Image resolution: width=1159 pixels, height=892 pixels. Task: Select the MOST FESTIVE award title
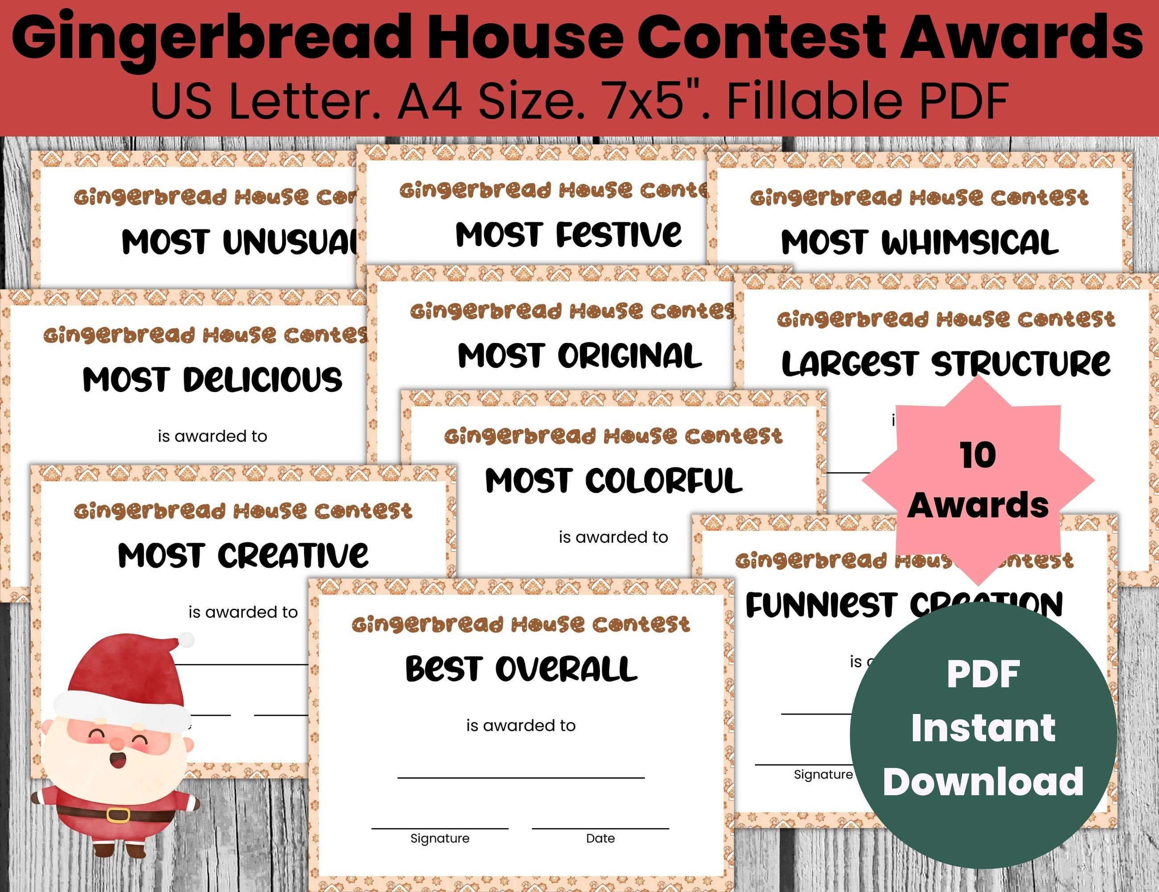(568, 234)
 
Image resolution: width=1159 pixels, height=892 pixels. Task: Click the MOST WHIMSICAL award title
(920, 243)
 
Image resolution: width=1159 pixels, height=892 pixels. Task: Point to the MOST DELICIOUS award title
(212, 380)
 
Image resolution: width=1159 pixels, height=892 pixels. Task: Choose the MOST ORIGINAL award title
(579, 356)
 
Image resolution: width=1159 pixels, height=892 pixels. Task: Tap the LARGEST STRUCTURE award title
(945, 364)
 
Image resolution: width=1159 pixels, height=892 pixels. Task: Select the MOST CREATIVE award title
(243, 555)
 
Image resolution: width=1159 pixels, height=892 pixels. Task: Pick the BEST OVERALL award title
(521, 669)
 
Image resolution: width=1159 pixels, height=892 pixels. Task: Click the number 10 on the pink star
(978, 455)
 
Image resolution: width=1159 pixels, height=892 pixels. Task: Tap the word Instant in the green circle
(983, 728)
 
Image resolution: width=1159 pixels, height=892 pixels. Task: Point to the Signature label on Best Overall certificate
(440, 838)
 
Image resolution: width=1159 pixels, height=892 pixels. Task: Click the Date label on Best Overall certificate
(600, 838)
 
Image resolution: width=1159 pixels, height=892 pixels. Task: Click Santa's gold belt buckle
(118, 814)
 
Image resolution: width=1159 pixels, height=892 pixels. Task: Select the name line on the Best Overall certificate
(521, 777)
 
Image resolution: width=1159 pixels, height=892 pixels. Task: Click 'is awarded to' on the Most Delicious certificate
(212, 437)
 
